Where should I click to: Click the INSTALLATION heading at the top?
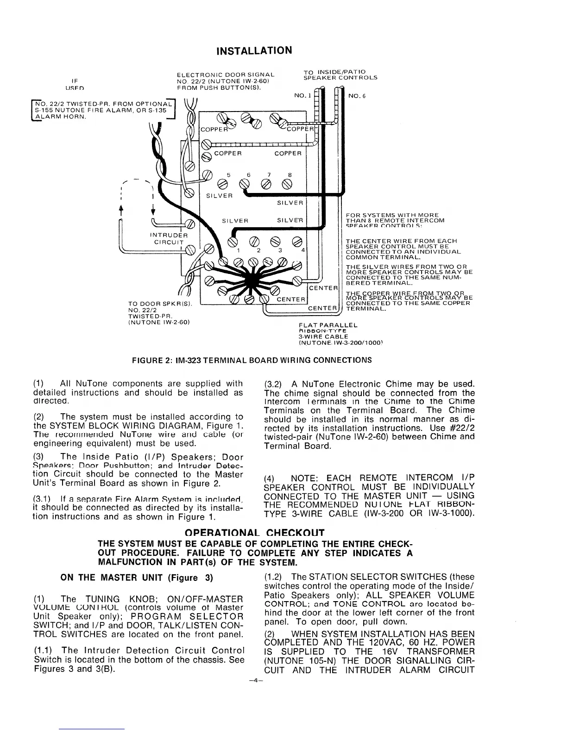(255, 50)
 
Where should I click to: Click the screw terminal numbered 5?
(223, 184)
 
